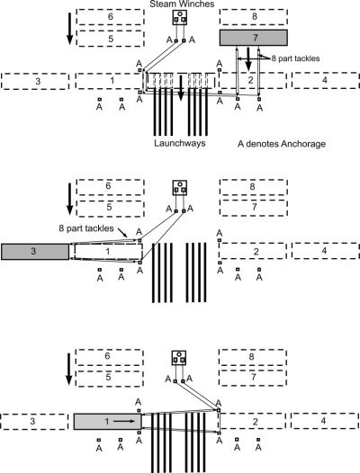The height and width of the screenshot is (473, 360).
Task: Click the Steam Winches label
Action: (182, 4)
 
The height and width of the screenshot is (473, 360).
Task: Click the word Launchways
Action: (180, 143)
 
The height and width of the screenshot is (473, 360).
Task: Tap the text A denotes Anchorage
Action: (282, 144)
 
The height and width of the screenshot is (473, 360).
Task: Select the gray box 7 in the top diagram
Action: (254, 38)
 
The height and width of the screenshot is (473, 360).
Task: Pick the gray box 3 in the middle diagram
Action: (35, 252)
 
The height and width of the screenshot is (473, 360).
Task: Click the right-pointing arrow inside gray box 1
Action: (124, 421)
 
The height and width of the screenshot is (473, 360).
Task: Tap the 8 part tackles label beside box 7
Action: (295, 58)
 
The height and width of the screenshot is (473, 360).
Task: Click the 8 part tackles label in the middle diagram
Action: (86, 228)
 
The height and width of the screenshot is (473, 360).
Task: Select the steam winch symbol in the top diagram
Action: (180, 17)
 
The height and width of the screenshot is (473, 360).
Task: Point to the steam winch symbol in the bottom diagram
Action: (179, 358)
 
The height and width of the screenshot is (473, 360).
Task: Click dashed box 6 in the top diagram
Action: (110, 16)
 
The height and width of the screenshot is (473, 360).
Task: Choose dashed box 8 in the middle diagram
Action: (254, 187)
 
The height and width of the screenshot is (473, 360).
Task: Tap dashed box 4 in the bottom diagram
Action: (325, 421)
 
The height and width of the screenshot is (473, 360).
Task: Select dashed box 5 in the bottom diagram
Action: (109, 379)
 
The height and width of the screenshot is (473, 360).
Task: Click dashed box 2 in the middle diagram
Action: (253, 251)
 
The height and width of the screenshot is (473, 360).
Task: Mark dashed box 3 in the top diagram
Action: (35, 81)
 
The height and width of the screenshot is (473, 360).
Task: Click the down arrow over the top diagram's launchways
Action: (181, 88)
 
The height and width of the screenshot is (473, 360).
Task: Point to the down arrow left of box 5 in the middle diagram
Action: (70, 199)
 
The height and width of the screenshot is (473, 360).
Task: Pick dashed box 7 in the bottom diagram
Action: (253, 378)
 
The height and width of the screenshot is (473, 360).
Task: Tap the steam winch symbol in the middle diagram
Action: (180, 188)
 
